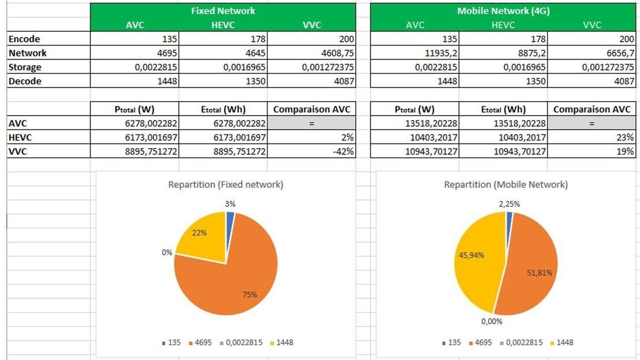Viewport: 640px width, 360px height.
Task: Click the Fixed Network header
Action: [223, 10]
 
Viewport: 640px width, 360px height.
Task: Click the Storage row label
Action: [25, 67]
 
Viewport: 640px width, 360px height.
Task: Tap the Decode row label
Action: [25, 81]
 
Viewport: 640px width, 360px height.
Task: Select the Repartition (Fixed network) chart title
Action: [226, 185]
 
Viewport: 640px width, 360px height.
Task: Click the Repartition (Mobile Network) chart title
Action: [505, 185]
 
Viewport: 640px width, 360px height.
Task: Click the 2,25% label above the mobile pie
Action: [509, 203]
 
